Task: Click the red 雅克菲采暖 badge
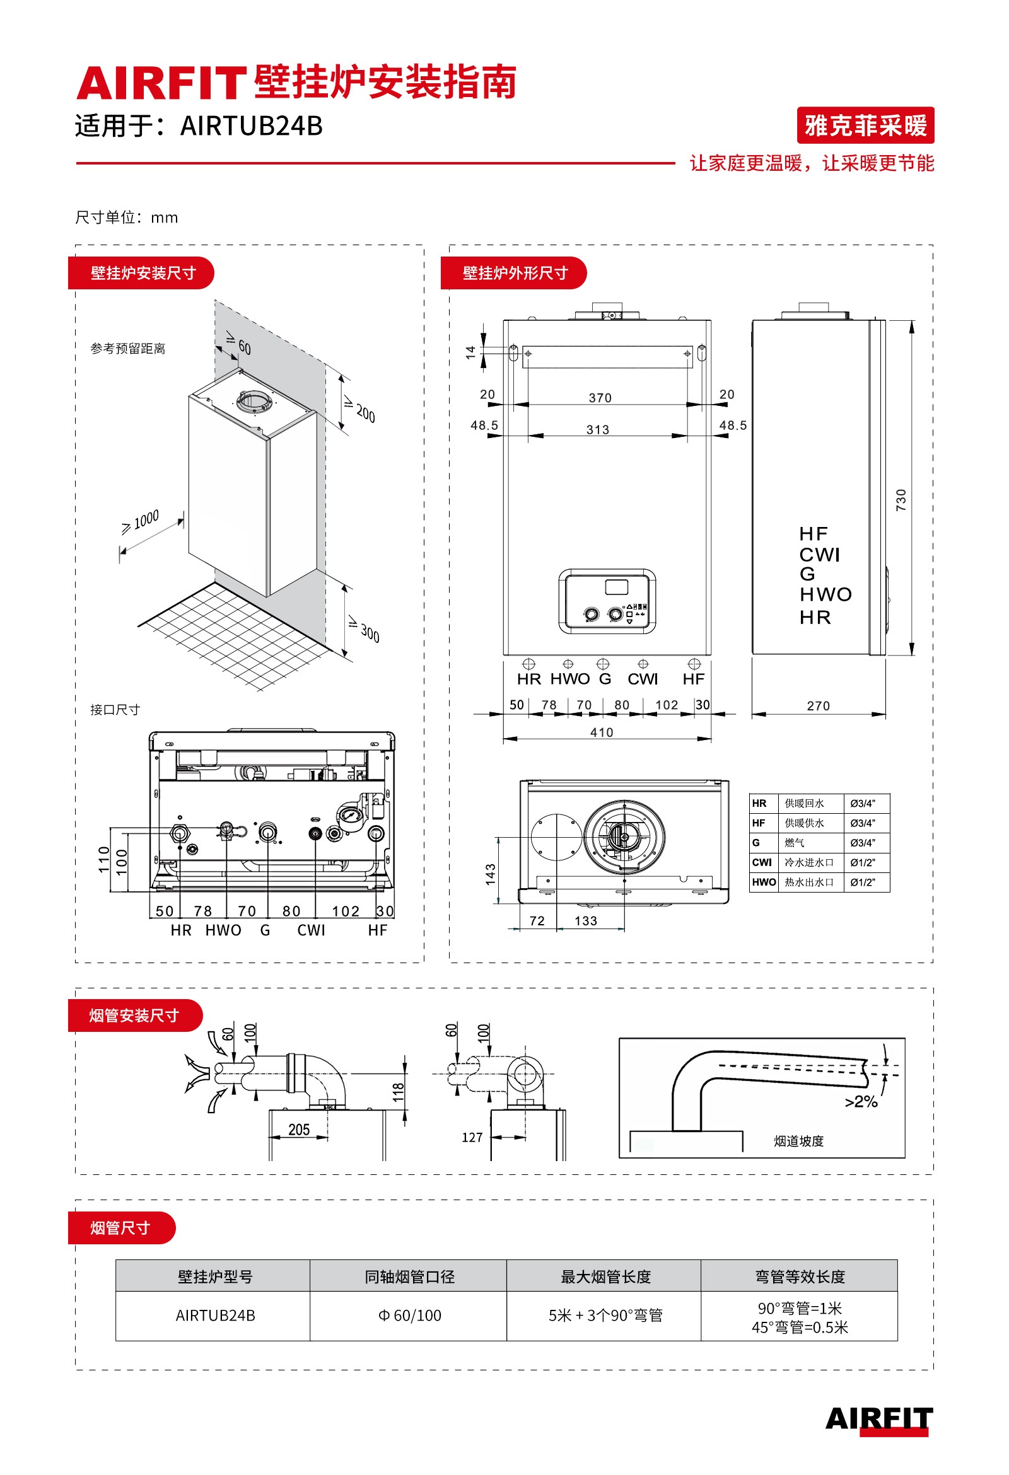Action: coord(865,125)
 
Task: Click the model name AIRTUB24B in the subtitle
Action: coord(252,125)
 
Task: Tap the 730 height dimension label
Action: coord(901,499)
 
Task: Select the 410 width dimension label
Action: coord(602,732)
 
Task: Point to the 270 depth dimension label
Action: coord(818,705)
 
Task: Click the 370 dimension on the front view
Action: coord(600,397)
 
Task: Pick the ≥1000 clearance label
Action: coord(141,521)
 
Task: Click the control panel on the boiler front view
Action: coord(607,601)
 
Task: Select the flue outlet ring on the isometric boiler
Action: coord(255,401)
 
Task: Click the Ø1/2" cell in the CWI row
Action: coord(862,862)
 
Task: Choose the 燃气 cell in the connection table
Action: coord(795,842)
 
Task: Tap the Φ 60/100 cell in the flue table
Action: coord(409,1315)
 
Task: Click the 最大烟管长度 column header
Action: coord(605,1276)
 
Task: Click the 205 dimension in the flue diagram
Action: coord(298,1129)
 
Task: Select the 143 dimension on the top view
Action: coord(490,873)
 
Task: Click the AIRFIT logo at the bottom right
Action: coord(878,1419)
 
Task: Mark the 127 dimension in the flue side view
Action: coord(472,1137)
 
